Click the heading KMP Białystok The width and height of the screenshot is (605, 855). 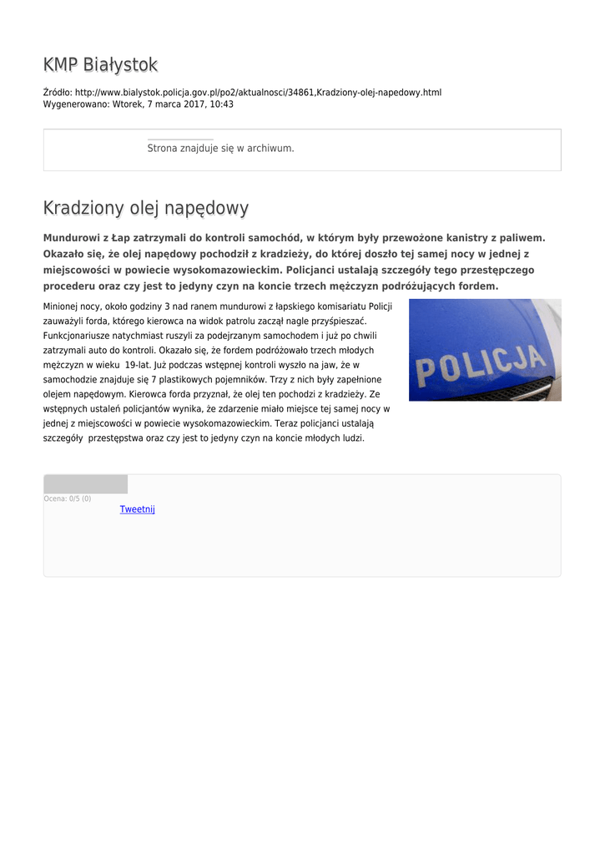(100, 65)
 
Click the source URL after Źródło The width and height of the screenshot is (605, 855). (258, 92)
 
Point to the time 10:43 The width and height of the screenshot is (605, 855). (221, 104)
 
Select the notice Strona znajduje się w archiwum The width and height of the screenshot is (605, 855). (220, 149)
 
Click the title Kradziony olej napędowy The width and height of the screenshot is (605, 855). (146, 208)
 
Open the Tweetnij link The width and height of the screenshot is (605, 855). (137, 509)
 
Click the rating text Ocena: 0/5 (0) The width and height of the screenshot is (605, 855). (68, 498)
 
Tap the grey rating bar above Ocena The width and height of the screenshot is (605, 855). (85, 484)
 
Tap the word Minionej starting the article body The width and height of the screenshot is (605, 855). (63, 306)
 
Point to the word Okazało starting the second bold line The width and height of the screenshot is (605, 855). (65, 255)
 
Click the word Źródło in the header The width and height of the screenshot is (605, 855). (57, 92)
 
